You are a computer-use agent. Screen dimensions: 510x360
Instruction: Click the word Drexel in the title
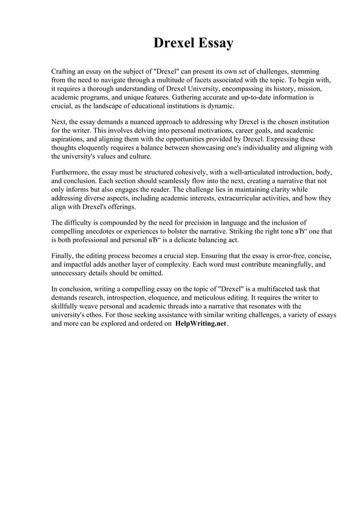click(173, 43)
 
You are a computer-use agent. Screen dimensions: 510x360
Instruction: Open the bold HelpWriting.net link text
click(200, 324)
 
